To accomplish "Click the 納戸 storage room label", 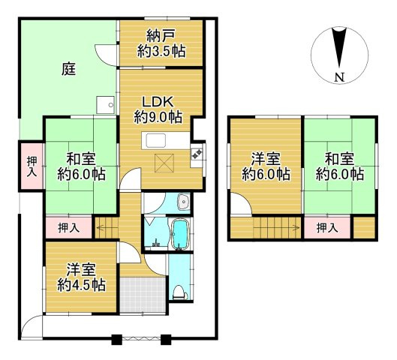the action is tap(161, 37).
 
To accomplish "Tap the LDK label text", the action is tap(158, 102).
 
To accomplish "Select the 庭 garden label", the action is tap(69, 69).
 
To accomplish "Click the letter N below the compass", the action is tap(339, 77).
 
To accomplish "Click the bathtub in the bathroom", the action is tap(180, 234).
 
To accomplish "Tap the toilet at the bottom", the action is tap(180, 293).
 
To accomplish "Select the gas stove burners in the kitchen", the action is tap(197, 154).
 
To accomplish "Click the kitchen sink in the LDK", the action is tap(155, 141).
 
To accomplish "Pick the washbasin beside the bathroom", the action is tap(184, 202).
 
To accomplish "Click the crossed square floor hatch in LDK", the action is tap(164, 163).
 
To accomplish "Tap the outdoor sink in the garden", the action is tap(106, 105).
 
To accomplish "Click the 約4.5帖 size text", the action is tap(81, 285).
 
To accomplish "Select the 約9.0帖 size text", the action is tap(158, 117).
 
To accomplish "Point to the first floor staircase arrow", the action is tap(107, 228).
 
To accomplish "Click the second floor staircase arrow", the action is tap(276, 228).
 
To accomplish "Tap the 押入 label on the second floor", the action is tap(327, 228).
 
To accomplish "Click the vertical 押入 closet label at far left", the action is tap(32, 166).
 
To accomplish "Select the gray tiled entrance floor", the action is tap(143, 295).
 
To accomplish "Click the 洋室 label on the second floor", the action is tap(266, 160).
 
